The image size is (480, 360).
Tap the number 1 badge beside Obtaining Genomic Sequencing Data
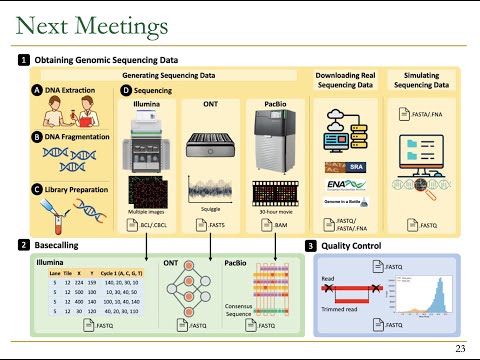23,60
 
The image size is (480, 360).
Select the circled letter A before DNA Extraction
37,90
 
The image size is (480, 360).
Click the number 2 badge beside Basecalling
23,245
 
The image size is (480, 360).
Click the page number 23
460,348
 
